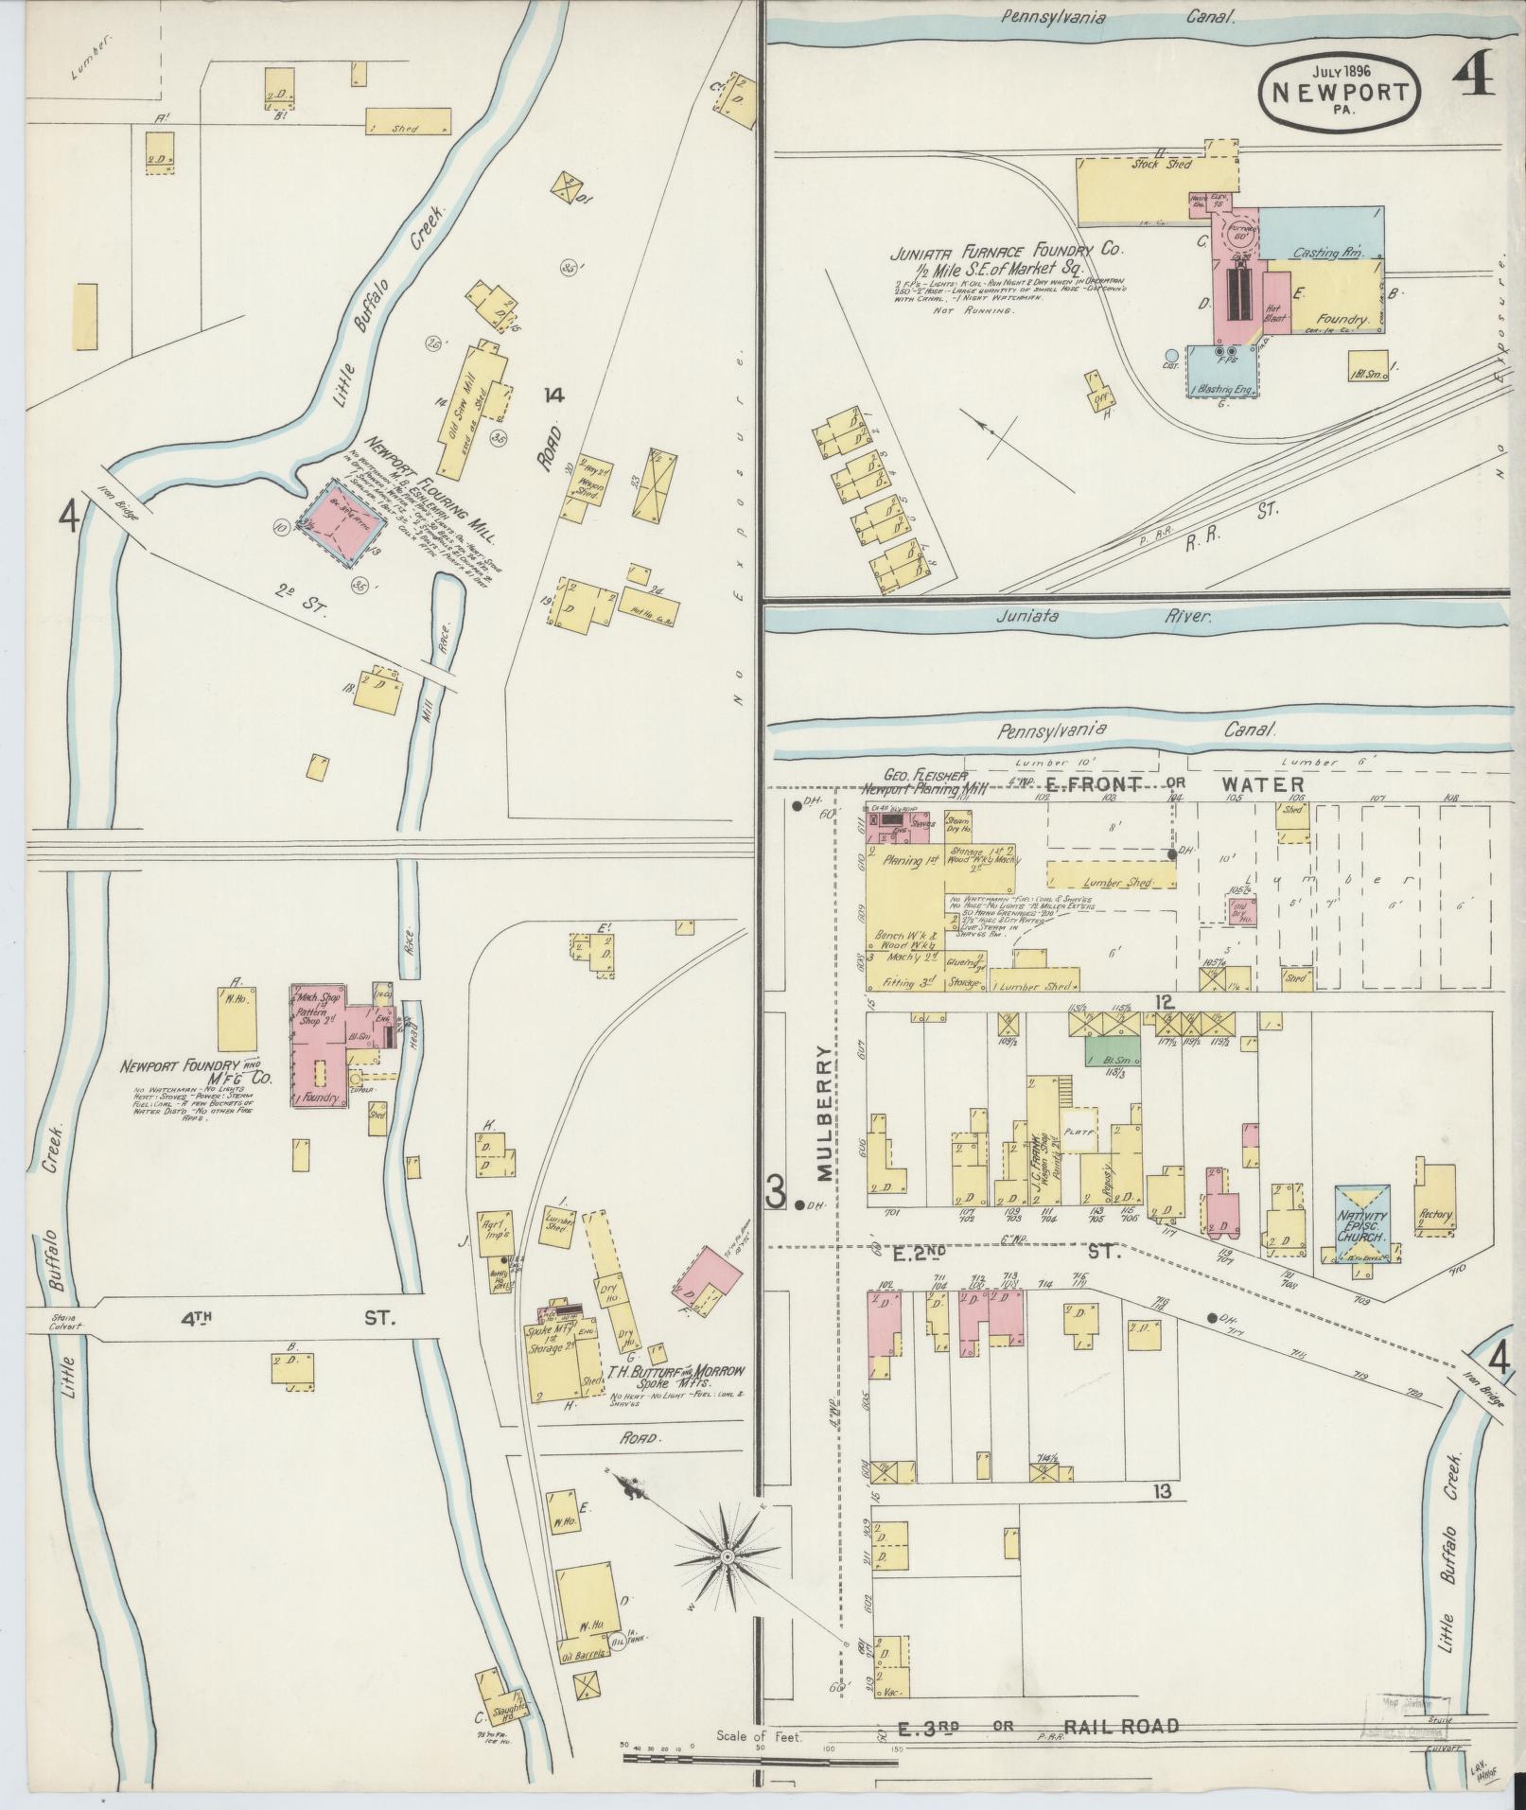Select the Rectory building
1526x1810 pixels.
[x=1435, y=1197]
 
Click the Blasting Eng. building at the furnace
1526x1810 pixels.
[x=1221, y=371]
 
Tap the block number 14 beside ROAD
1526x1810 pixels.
[x=553, y=396]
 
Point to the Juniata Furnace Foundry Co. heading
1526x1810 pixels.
[x=1005, y=254]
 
